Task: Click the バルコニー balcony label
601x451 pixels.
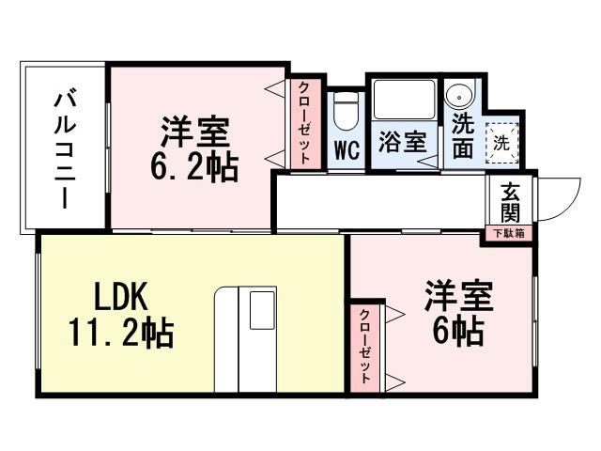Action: point(65,148)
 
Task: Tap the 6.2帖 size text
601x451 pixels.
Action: point(194,166)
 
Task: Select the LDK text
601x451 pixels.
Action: point(121,298)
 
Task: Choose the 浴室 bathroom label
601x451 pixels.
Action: point(403,144)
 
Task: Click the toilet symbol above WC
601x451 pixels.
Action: point(347,113)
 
